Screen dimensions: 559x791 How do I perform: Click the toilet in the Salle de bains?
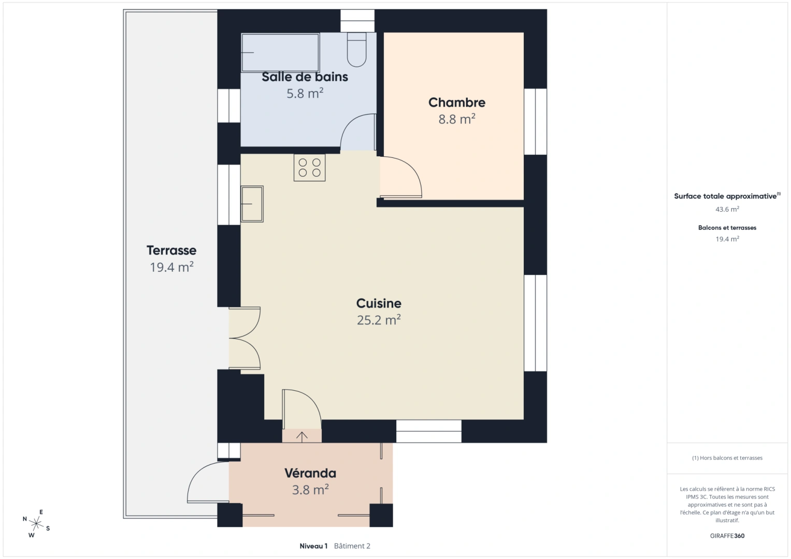click(356, 50)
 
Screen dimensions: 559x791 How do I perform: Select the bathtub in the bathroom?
click(280, 53)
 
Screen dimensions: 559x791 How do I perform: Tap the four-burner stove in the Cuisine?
click(309, 168)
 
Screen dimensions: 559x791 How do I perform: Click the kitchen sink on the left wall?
click(252, 204)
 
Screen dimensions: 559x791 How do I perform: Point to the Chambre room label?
click(456, 102)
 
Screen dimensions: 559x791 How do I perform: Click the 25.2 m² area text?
click(379, 320)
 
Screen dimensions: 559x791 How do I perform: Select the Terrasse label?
click(171, 251)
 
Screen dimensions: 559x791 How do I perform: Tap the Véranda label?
click(310, 473)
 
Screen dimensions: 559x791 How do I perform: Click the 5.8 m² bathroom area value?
click(305, 94)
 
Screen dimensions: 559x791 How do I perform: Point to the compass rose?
click(36, 524)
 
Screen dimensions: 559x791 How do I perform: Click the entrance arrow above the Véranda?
click(302, 436)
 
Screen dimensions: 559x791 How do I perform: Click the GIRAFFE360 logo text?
click(727, 536)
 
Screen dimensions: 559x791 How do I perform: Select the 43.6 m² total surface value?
click(727, 210)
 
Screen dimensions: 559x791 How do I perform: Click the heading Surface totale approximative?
click(725, 196)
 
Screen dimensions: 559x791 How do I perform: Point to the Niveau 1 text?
click(313, 546)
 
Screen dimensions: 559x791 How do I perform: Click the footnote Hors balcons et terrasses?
click(727, 458)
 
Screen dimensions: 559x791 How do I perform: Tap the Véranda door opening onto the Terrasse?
click(206, 483)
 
